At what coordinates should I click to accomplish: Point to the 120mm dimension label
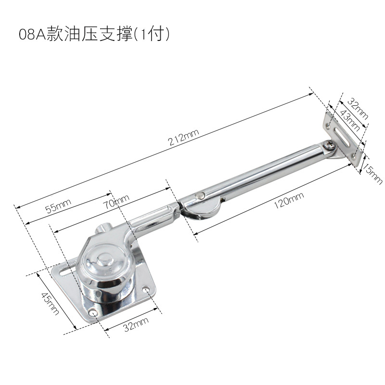[x=289, y=199]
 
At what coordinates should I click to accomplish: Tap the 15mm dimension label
[x=373, y=174]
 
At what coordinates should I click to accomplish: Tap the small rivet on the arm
[x=200, y=195]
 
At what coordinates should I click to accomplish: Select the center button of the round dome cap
[x=102, y=263]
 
